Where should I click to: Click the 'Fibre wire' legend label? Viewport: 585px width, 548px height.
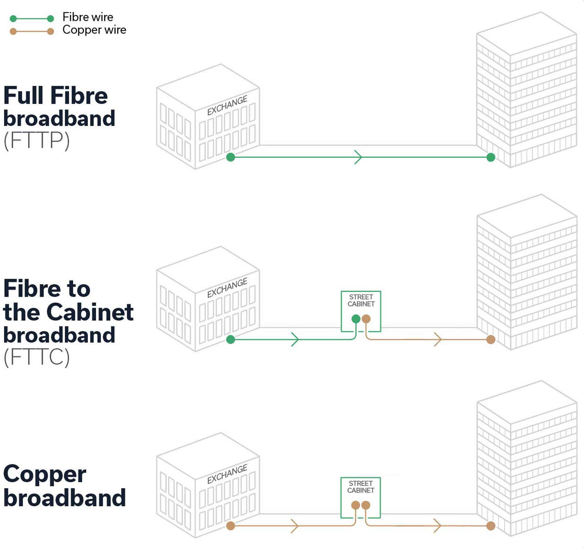pos(88,17)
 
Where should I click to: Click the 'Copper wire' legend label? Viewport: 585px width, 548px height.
pos(94,30)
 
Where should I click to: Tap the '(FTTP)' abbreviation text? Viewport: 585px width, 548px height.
pos(37,140)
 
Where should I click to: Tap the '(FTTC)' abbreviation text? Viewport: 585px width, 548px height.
pos(37,357)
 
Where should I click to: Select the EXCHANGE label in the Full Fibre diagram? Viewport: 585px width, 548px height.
pos(227,105)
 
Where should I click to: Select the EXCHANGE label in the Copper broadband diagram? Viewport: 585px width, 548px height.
pos(227,474)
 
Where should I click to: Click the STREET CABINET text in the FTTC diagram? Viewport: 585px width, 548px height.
pos(361,300)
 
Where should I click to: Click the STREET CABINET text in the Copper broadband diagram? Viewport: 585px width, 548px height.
pos(361,487)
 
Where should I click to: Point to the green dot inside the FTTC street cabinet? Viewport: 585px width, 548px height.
pos(356,319)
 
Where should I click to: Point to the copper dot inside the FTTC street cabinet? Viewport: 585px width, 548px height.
pos(366,319)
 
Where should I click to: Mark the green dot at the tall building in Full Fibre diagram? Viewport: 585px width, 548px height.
pos(491,157)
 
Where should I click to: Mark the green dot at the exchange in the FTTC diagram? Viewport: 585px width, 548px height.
pos(230,339)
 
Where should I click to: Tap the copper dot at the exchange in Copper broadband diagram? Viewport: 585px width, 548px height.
pos(230,526)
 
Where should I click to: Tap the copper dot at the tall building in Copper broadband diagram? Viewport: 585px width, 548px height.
pos(491,526)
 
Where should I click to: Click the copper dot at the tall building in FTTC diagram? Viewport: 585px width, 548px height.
pos(491,339)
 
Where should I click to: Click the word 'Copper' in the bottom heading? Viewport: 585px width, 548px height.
pos(45,474)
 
